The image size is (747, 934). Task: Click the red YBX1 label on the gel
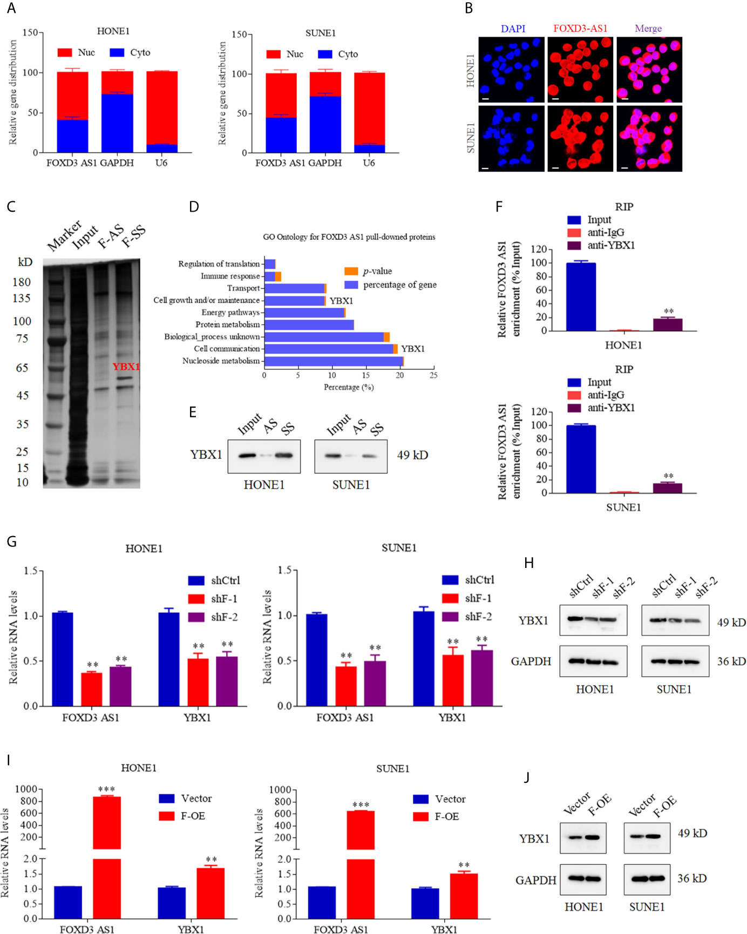126,367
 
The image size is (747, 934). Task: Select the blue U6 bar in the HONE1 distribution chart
161,148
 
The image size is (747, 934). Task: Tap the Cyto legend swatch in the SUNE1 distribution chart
325,54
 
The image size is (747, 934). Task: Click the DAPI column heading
513,29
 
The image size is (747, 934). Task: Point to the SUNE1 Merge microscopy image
649,139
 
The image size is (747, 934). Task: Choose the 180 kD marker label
22,282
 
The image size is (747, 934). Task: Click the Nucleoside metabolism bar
334,361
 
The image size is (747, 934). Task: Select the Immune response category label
230,276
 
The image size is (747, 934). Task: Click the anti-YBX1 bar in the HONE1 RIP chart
668,324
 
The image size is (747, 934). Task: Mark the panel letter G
11,542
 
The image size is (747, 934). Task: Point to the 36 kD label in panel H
731,661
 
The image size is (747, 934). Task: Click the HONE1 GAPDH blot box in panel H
593,661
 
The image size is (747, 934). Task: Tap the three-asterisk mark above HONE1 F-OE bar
106,789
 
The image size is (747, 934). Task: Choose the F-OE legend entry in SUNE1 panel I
437,817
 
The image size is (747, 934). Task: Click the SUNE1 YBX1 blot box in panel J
647,838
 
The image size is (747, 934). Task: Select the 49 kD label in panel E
412,455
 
